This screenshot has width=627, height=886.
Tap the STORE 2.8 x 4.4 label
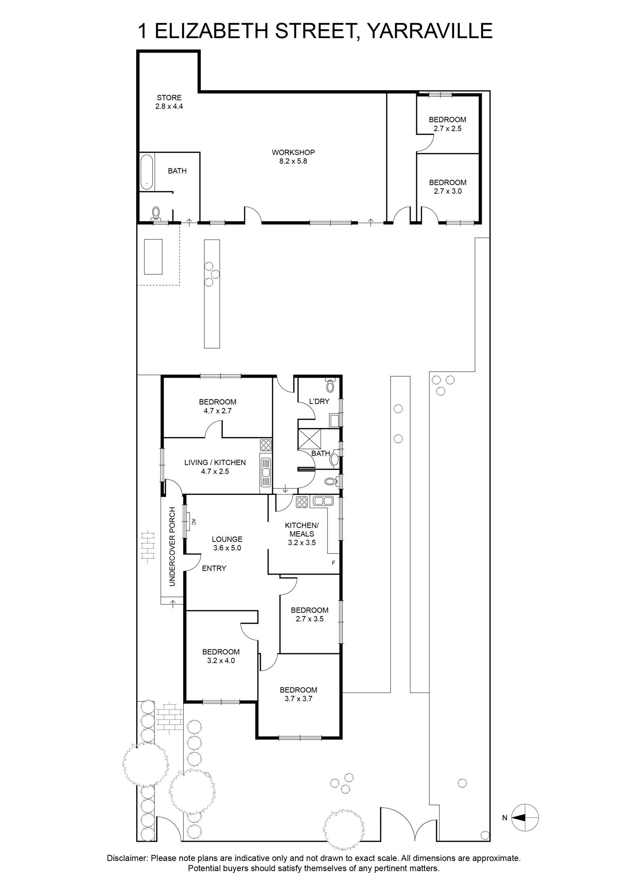coord(169,102)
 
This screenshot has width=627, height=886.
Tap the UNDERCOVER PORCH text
coord(172,546)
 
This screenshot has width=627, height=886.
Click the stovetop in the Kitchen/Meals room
coord(302,502)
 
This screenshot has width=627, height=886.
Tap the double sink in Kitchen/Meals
coord(323,501)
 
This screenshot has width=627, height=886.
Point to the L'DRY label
coord(319,401)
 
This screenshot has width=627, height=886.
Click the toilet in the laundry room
coord(330,385)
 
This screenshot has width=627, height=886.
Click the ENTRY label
coord(214,568)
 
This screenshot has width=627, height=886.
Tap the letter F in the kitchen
coord(333,563)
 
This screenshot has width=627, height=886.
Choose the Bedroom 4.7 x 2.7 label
coord(218,406)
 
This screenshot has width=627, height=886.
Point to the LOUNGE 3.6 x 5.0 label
coord(227,543)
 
